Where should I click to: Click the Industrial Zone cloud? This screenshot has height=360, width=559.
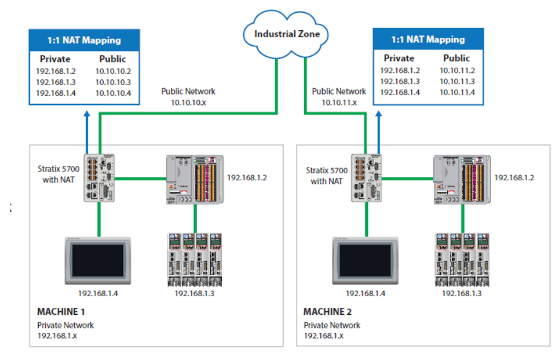(x=287, y=34)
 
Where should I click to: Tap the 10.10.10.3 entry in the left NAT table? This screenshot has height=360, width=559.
(x=113, y=82)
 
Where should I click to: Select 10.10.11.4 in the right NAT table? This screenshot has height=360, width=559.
(x=457, y=92)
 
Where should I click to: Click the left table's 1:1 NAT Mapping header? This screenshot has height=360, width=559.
(x=85, y=41)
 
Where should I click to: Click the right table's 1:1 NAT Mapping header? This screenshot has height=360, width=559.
(x=428, y=39)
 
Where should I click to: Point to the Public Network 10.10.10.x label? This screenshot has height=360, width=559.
(x=188, y=96)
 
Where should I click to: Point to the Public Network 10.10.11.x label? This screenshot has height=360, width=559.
(x=339, y=96)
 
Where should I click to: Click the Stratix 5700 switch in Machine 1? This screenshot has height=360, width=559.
(x=100, y=176)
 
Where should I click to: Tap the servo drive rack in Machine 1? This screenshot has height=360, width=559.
(x=195, y=259)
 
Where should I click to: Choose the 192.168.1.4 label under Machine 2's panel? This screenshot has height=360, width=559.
(x=366, y=293)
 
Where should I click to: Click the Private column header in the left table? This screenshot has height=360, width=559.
(x=55, y=59)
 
